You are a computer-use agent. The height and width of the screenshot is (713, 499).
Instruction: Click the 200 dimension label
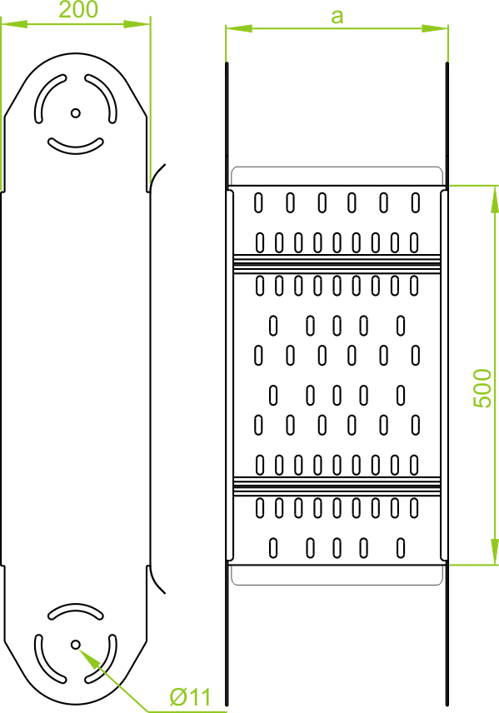(78, 9)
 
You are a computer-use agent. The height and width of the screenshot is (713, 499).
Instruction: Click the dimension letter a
(337, 17)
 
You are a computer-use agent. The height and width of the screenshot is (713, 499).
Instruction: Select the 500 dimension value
(482, 388)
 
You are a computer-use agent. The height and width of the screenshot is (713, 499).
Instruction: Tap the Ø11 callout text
(191, 697)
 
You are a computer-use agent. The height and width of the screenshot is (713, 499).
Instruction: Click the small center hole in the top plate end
(76, 112)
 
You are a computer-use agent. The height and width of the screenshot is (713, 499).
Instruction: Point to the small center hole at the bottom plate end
(76, 645)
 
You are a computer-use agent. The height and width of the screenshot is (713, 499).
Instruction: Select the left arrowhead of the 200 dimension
(13, 23)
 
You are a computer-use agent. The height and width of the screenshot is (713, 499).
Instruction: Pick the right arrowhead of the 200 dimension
(137, 23)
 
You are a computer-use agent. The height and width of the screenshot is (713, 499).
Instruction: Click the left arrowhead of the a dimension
(239, 28)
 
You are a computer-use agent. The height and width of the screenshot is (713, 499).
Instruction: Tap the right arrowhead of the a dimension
(435, 28)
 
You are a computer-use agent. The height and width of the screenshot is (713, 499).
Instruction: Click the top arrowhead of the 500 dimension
(495, 199)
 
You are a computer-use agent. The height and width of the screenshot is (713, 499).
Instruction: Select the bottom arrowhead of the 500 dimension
(495, 551)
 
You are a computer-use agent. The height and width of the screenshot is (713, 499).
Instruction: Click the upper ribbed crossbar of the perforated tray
(337, 264)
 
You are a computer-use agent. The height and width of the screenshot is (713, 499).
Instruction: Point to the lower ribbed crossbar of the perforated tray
(337, 486)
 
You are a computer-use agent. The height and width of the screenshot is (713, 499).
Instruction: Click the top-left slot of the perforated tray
(258, 202)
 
